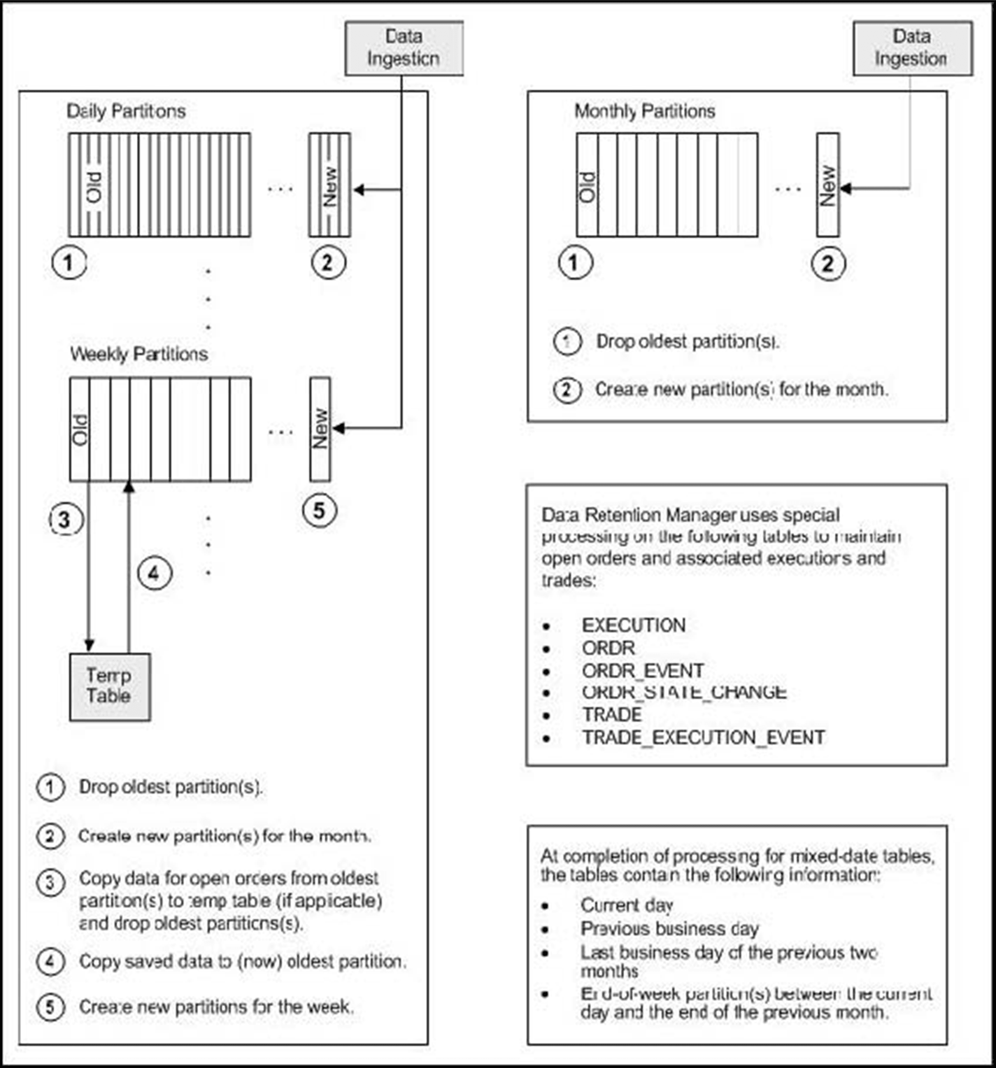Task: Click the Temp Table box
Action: (109, 686)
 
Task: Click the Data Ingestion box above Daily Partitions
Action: (403, 48)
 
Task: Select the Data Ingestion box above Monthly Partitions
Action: (912, 48)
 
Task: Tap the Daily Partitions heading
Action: (126, 111)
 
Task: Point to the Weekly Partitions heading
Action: (138, 354)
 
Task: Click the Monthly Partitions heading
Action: (644, 111)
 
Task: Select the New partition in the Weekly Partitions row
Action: (320, 429)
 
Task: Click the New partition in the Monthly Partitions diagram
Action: (828, 185)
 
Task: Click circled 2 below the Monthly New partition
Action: (828, 263)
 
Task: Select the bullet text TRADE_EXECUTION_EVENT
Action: (703, 738)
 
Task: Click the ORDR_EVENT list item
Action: (643, 671)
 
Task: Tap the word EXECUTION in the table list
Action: (634, 626)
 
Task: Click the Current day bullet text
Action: (627, 905)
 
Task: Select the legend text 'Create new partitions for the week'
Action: (216, 1006)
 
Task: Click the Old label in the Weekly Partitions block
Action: (79, 429)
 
